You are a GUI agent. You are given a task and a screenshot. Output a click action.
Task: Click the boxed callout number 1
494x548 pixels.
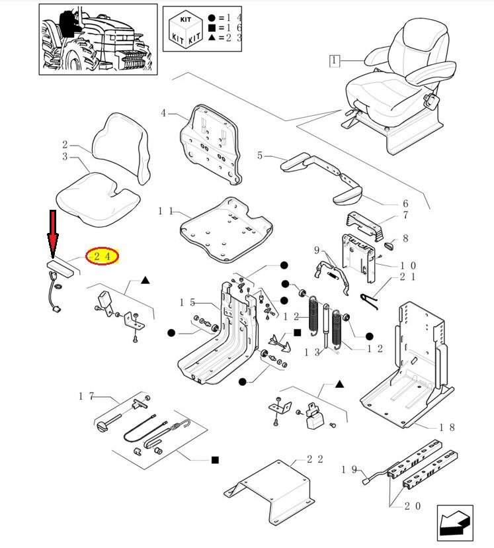[335, 62]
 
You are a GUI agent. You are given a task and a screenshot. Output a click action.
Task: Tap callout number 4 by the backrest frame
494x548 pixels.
[163, 113]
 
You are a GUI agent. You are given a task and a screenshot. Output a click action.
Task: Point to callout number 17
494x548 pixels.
[86, 396]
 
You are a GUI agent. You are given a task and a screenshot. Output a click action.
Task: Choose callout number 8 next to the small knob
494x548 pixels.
[405, 238]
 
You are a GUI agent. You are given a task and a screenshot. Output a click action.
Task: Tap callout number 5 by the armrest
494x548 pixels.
[260, 156]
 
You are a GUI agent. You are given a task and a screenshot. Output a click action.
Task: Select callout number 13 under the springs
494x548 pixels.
[312, 353]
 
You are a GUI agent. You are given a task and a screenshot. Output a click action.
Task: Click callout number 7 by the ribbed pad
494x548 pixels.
[405, 214]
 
